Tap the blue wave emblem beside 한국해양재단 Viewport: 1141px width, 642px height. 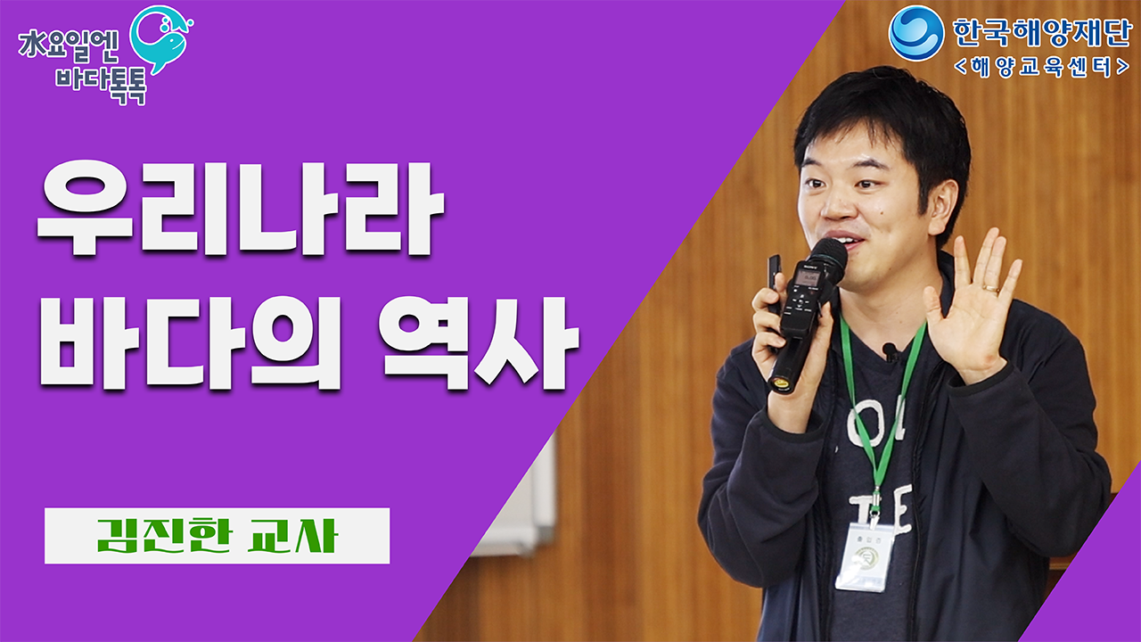(916, 33)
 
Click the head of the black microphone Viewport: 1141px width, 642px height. (828, 258)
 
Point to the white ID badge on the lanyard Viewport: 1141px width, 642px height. (863, 556)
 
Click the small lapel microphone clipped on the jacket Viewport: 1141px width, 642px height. (890, 350)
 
